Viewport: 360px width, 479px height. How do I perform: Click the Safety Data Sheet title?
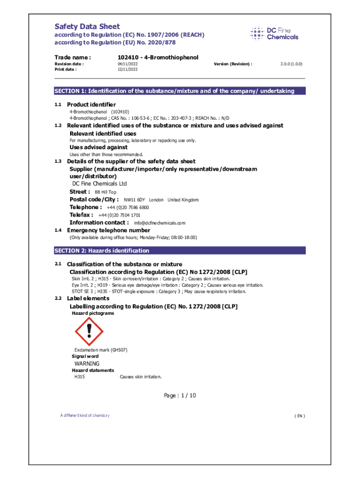(x=87, y=27)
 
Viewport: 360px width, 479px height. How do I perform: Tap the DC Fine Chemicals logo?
(x=274, y=33)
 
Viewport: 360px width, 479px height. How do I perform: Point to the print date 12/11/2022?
(x=127, y=69)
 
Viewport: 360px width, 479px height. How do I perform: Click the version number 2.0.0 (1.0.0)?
(x=291, y=64)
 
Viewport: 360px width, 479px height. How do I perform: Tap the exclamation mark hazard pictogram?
(x=88, y=331)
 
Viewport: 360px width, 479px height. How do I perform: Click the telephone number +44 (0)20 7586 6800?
(x=128, y=207)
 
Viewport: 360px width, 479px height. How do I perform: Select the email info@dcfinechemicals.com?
(x=159, y=223)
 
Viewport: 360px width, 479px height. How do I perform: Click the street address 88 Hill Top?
(x=106, y=192)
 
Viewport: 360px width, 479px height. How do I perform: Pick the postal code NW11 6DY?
(x=134, y=200)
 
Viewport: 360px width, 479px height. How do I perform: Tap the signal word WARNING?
(x=87, y=363)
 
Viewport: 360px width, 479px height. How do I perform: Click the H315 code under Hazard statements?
(x=79, y=377)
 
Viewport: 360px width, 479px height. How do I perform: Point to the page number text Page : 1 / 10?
(x=180, y=396)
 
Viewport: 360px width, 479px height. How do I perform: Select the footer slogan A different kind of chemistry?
(x=85, y=415)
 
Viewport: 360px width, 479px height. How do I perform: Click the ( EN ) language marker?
(x=299, y=416)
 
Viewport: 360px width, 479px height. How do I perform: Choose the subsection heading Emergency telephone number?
(x=108, y=230)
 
